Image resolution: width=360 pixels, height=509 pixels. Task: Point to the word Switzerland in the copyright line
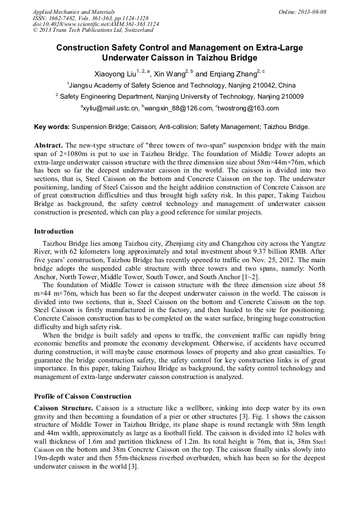pos(133,30)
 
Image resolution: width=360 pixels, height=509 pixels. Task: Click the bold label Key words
pos(52,127)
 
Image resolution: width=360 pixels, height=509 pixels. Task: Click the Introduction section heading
pos(54,231)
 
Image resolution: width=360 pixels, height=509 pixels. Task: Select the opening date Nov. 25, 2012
pos(242,260)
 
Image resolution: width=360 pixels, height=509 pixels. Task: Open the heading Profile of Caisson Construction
pos(82,396)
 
